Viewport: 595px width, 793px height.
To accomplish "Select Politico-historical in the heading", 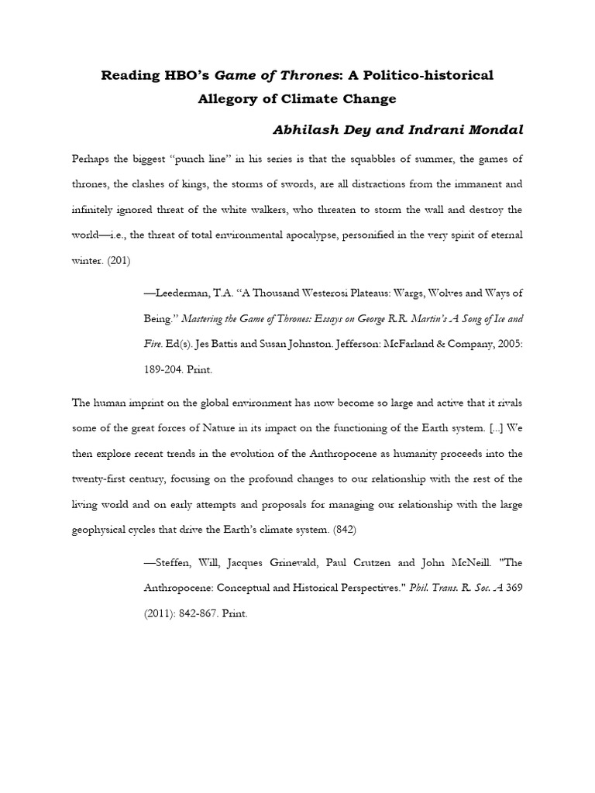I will pyautogui.click(x=423, y=75).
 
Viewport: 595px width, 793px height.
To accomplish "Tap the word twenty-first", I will pyautogui.click(x=102, y=479).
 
